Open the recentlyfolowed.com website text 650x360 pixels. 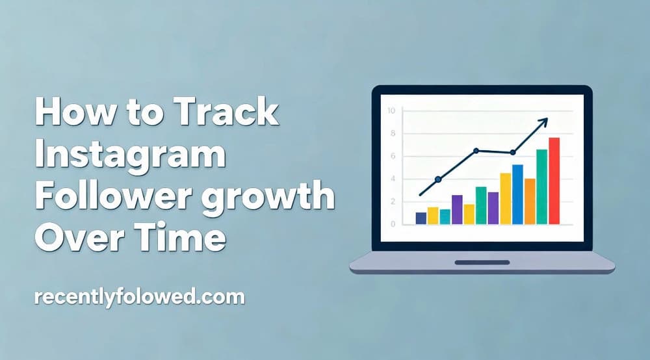(139, 298)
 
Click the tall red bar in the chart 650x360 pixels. (554, 181)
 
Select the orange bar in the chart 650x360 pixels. (530, 201)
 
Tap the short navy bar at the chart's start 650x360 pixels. (421, 218)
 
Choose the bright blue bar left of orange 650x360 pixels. (517, 194)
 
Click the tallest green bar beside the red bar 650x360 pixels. (541, 186)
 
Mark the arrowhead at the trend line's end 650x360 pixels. (544, 120)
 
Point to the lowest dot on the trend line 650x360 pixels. (437, 179)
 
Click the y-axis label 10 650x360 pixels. (391, 110)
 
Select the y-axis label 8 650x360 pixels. (393, 134)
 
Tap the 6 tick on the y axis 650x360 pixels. (393, 156)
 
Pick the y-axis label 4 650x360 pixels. (393, 179)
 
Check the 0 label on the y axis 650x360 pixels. (393, 224)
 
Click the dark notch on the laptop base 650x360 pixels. (482, 262)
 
